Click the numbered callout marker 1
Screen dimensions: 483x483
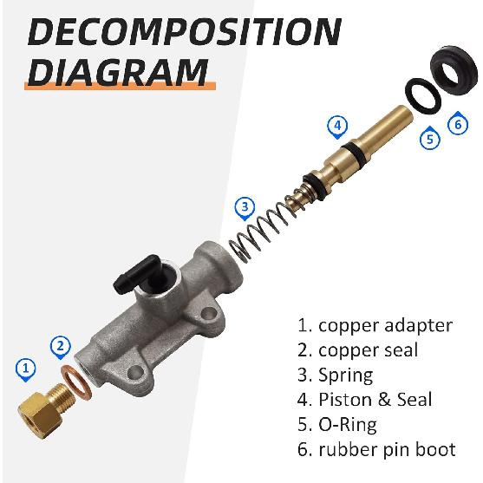(26, 369)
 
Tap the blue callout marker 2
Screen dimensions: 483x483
(61, 347)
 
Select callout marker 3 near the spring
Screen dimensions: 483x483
(245, 208)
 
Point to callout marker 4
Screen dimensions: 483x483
(337, 127)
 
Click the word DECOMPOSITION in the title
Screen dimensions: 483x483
(185, 32)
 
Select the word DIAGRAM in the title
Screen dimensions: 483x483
(118, 72)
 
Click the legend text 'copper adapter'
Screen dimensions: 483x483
(385, 326)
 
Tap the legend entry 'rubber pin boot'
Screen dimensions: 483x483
(387, 449)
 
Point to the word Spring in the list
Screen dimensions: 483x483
(345, 375)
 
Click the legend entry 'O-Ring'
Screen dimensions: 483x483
(348, 425)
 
